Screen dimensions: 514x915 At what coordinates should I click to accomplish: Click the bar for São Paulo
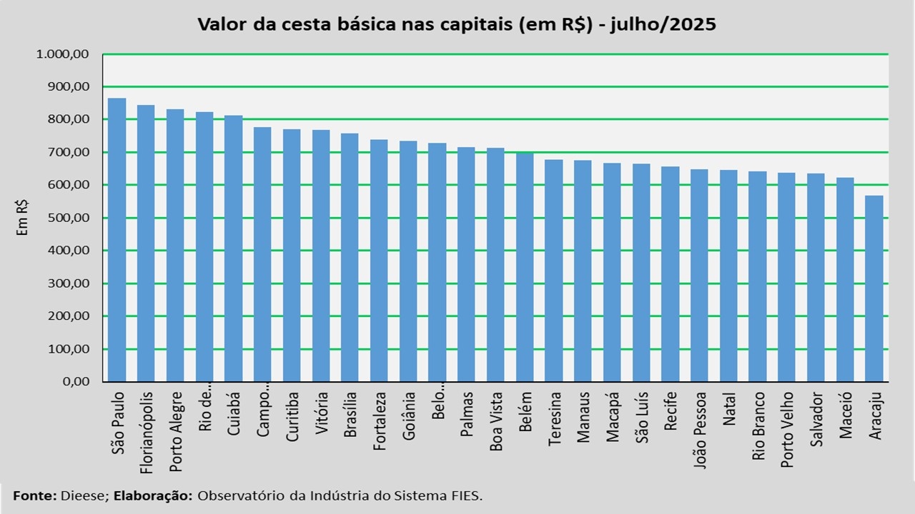pyautogui.click(x=117, y=239)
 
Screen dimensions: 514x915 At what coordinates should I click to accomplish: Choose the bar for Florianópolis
pyautogui.click(x=146, y=243)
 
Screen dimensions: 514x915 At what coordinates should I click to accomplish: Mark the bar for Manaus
pyautogui.click(x=583, y=271)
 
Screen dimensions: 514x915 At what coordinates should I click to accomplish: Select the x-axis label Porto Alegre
pyautogui.click(x=176, y=432)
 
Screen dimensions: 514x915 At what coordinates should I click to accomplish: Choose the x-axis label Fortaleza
pyautogui.click(x=380, y=420)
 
